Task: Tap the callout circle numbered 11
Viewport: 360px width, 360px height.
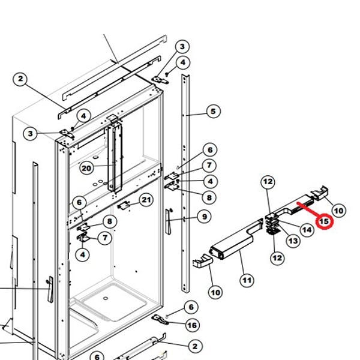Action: tap(247, 279)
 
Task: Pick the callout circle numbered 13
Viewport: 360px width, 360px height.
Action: tap(293, 241)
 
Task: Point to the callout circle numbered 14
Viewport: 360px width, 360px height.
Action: tap(307, 229)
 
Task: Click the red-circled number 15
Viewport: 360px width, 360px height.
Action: tap(324, 221)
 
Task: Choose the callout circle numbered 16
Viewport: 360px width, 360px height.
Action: tap(191, 325)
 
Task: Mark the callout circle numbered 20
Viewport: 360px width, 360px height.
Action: tap(87, 169)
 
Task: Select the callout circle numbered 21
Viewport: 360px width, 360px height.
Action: tap(146, 199)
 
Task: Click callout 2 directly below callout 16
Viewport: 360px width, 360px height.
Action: tap(194, 346)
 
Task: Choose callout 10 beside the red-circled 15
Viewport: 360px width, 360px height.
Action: tap(338, 210)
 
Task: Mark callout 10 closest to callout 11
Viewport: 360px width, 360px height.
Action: tap(215, 292)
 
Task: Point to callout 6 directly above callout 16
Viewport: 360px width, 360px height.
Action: tap(191, 307)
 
